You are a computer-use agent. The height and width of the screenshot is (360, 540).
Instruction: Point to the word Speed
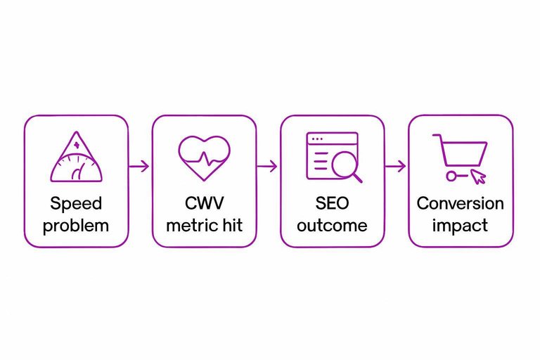tap(76, 204)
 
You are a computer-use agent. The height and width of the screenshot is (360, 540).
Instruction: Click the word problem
tap(76, 226)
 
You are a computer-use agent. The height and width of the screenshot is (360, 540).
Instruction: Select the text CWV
tap(204, 204)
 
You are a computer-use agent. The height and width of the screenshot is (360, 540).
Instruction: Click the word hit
tap(230, 226)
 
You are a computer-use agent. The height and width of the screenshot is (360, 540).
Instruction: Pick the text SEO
tap(333, 204)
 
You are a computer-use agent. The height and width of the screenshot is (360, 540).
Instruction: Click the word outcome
tap(333, 226)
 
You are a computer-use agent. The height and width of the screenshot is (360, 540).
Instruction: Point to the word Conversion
tap(461, 204)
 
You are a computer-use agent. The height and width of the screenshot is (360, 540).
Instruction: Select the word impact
tap(461, 226)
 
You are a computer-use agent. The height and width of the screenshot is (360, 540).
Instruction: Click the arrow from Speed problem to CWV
tap(140, 167)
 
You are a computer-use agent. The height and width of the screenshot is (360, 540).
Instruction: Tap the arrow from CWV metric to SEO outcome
tap(268, 167)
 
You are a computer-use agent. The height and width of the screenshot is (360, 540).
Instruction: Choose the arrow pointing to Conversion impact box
tap(396, 167)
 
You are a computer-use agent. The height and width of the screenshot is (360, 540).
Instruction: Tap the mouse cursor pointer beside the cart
tap(477, 176)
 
